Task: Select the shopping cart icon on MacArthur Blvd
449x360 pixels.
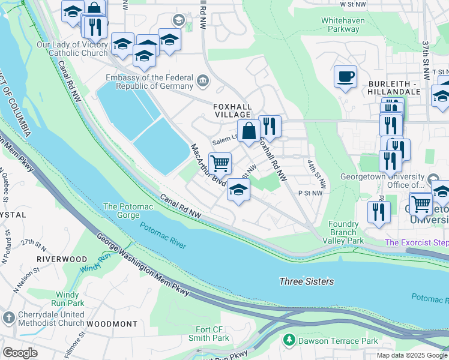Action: [220, 163]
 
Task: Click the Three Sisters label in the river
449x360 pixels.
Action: [306, 281]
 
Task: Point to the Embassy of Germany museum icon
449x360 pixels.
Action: [202, 79]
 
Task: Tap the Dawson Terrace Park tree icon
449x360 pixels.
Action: [289, 340]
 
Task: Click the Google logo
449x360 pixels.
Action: [20, 353]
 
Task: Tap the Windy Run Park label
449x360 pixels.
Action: [71, 299]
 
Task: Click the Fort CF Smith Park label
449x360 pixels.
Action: [213, 334]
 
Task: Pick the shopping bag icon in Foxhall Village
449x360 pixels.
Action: [249, 130]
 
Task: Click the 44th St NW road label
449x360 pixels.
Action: [316, 173]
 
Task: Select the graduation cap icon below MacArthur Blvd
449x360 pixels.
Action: [238, 191]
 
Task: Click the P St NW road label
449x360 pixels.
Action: [310, 193]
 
